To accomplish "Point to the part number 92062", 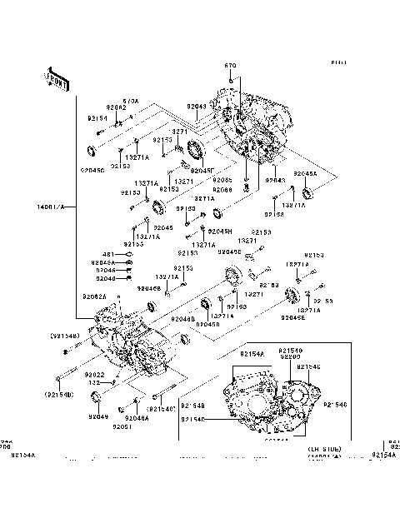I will (x=116, y=107).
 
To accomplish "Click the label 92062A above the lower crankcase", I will (x=94, y=296).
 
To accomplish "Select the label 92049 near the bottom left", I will (x=98, y=416).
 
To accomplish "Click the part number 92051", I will (x=123, y=426).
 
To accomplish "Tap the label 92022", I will (x=93, y=375).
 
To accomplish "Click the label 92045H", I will (x=219, y=231).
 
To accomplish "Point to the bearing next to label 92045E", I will (x=293, y=295).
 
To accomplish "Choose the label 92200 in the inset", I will (x=289, y=356).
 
